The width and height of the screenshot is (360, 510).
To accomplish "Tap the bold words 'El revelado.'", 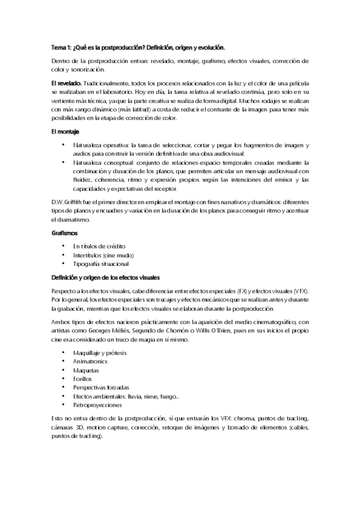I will point(67,82).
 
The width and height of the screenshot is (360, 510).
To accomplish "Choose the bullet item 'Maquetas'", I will point(87,370).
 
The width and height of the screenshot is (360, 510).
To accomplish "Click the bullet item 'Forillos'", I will point(84,379).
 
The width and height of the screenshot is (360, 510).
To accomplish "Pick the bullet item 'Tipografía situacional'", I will point(100,264).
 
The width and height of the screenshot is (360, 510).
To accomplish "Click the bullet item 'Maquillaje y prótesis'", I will point(99,353).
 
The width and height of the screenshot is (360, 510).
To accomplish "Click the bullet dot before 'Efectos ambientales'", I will point(63,396).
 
